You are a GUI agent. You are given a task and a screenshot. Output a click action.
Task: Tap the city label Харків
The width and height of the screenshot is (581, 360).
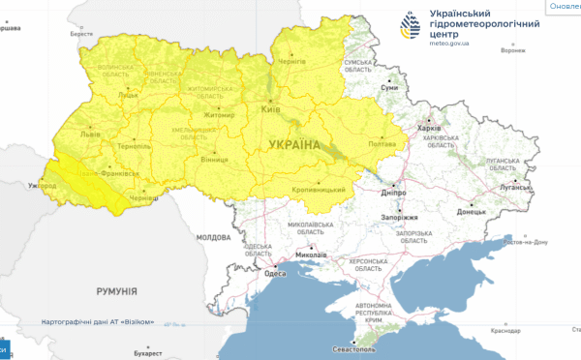(427, 128)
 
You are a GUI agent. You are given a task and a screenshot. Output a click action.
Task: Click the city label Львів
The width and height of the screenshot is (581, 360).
(90, 135)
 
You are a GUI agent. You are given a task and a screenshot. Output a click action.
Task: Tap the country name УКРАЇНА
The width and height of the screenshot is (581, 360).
(290, 145)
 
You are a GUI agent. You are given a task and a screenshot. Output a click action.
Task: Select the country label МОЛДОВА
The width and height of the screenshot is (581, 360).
(214, 237)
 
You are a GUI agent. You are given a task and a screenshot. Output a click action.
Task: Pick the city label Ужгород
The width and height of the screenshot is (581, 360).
(43, 184)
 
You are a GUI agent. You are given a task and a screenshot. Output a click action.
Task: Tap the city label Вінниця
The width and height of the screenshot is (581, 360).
(215, 158)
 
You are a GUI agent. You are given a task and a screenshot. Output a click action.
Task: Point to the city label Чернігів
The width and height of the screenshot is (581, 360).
(290, 60)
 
